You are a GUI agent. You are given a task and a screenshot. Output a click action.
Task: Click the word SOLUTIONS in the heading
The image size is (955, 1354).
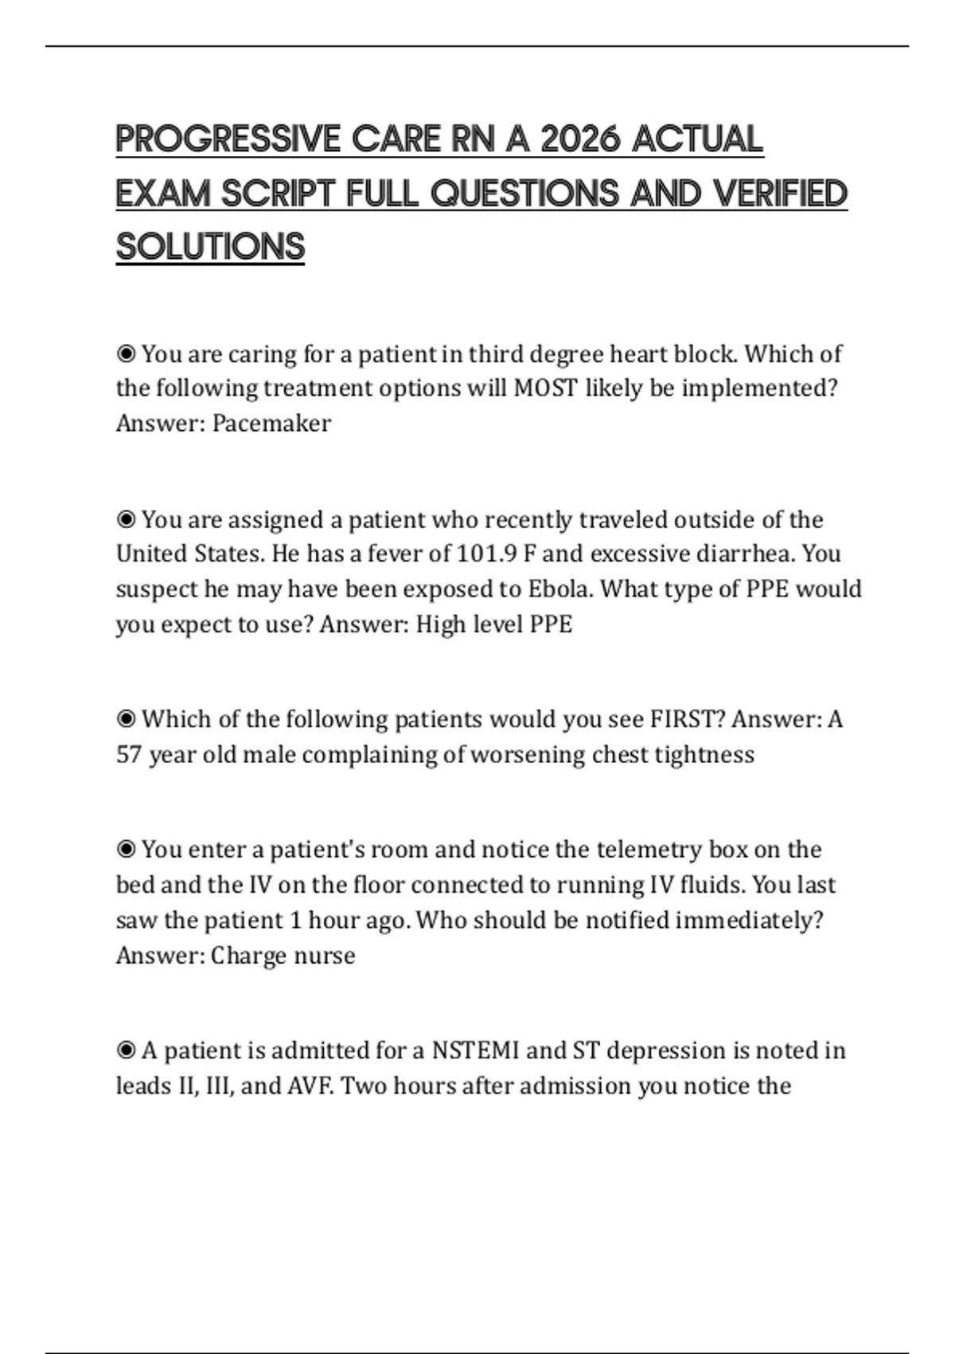click(x=210, y=247)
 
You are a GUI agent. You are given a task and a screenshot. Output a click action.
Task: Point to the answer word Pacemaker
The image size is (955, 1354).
click(x=271, y=423)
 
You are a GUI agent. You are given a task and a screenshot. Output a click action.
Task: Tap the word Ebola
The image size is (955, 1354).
click(x=560, y=589)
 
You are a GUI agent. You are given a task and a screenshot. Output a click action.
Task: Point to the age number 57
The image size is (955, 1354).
click(x=129, y=754)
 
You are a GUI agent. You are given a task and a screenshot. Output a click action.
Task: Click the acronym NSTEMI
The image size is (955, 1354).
click(x=475, y=1051)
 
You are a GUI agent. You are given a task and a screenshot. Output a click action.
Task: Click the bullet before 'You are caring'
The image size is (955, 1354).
click(x=126, y=353)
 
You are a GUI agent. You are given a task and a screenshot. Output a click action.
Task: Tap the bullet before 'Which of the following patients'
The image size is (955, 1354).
click(x=126, y=719)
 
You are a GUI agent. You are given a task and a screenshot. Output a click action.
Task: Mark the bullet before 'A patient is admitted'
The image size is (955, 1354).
click(x=126, y=1051)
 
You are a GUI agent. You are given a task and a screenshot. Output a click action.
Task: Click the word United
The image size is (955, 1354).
click(x=151, y=554)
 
